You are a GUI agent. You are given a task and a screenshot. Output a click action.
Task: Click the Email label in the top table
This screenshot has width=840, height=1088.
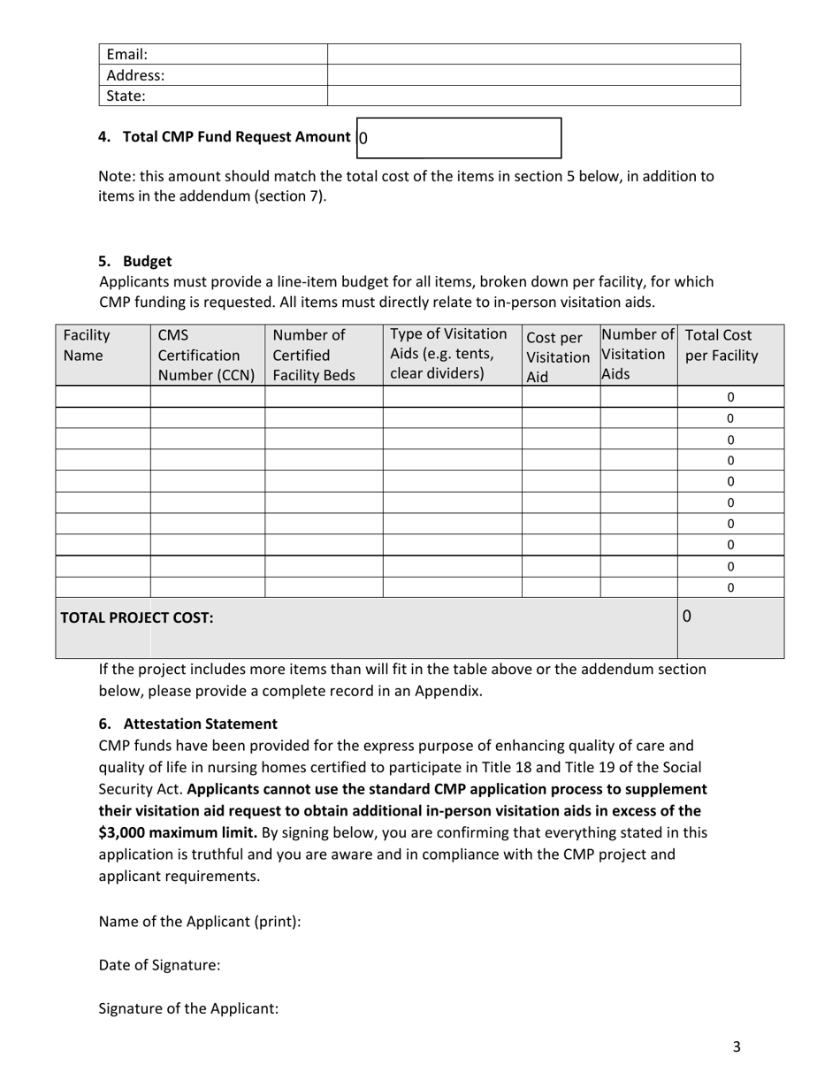[x=126, y=54]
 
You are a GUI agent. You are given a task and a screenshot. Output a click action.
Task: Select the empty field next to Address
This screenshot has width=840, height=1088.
[x=533, y=75]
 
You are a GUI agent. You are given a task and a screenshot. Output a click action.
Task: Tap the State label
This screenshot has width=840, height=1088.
[x=126, y=96]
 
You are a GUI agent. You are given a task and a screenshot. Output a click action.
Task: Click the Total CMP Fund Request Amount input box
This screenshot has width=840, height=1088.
[x=459, y=138]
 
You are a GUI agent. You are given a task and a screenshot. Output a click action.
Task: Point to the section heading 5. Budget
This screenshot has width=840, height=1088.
[x=135, y=261]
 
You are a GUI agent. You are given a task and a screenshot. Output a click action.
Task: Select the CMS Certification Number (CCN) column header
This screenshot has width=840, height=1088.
[x=206, y=355]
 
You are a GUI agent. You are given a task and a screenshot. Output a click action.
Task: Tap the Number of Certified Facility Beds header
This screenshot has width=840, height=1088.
[x=313, y=355]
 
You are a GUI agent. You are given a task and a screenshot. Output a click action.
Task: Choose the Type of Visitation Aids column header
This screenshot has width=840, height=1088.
[x=449, y=353]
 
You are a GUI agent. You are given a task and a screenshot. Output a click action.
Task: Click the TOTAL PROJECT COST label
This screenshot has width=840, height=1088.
[x=136, y=617]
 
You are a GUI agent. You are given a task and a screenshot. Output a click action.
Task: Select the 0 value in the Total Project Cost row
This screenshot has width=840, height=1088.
[x=687, y=617]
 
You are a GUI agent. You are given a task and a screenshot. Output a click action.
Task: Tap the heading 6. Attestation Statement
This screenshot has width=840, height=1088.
[x=188, y=724]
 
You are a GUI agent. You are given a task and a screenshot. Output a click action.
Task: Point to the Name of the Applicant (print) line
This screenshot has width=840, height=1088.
[x=200, y=921]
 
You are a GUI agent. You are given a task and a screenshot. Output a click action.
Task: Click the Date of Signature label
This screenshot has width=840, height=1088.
[x=159, y=965]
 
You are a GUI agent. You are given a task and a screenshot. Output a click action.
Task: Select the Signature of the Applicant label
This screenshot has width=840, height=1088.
[x=188, y=1008]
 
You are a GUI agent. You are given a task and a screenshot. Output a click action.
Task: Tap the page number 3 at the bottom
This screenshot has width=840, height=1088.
[x=737, y=1047]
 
